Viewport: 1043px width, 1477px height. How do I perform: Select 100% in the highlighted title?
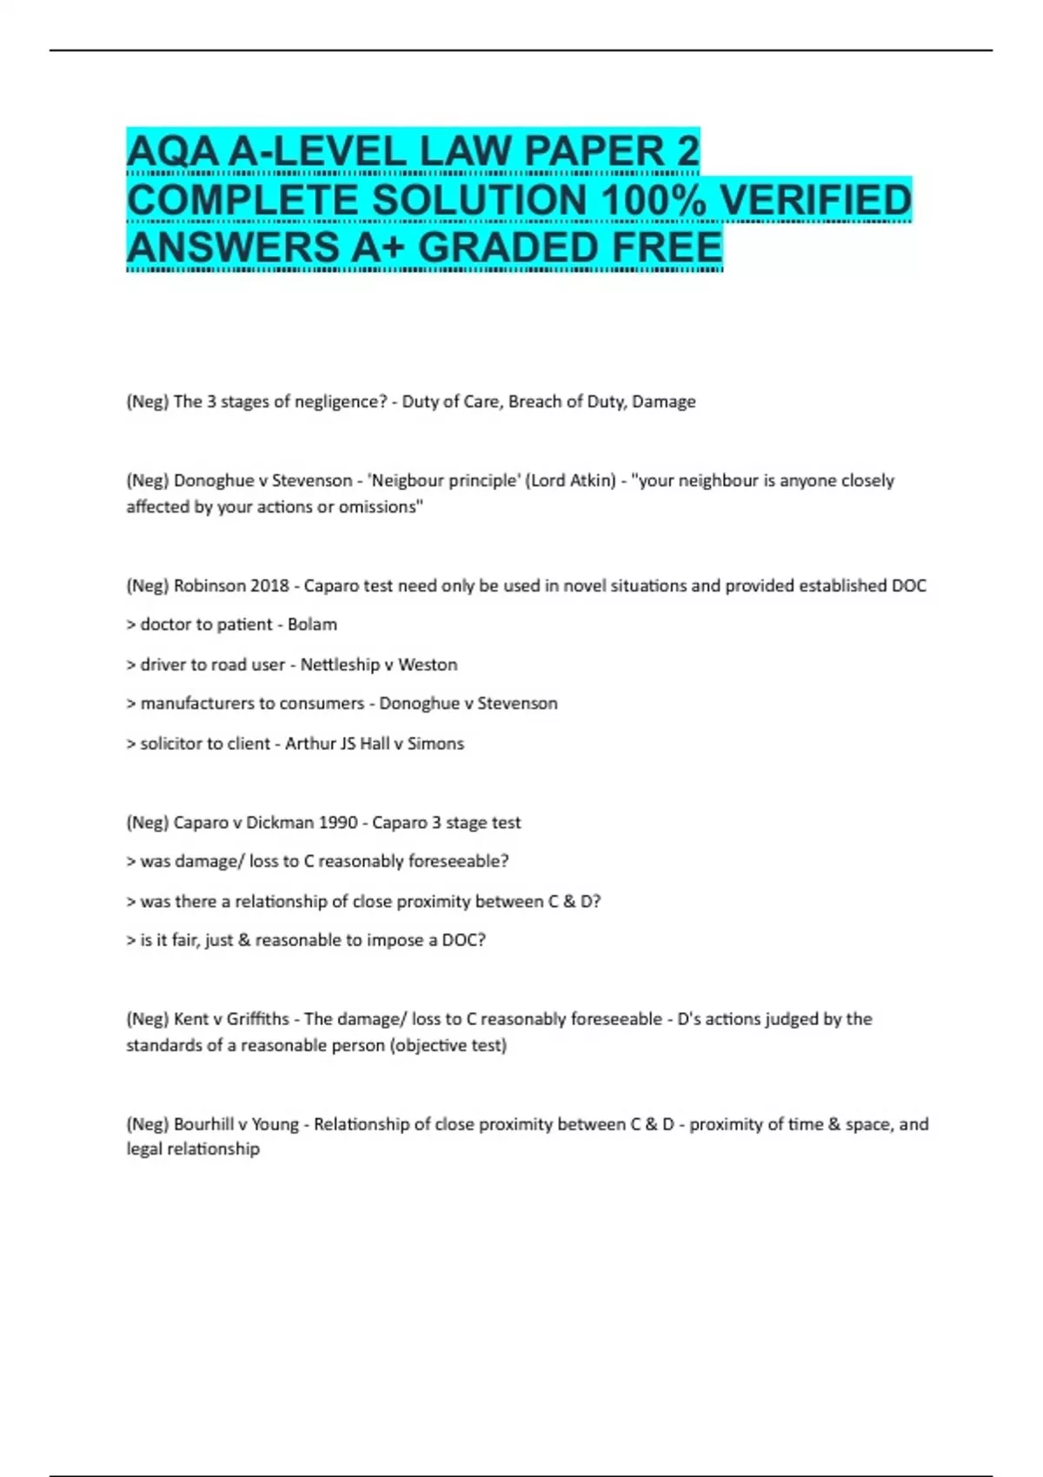click(654, 200)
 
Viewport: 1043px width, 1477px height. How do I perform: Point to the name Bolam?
click(312, 624)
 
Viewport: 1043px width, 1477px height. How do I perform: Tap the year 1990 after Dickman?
click(336, 822)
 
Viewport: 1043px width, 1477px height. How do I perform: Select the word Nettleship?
click(340, 665)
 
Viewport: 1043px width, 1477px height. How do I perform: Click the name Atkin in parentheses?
click(593, 480)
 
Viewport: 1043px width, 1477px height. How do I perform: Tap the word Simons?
click(435, 744)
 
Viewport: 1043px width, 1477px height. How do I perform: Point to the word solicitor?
click(173, 744)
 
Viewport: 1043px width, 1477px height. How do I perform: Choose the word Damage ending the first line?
click(664, 401)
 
